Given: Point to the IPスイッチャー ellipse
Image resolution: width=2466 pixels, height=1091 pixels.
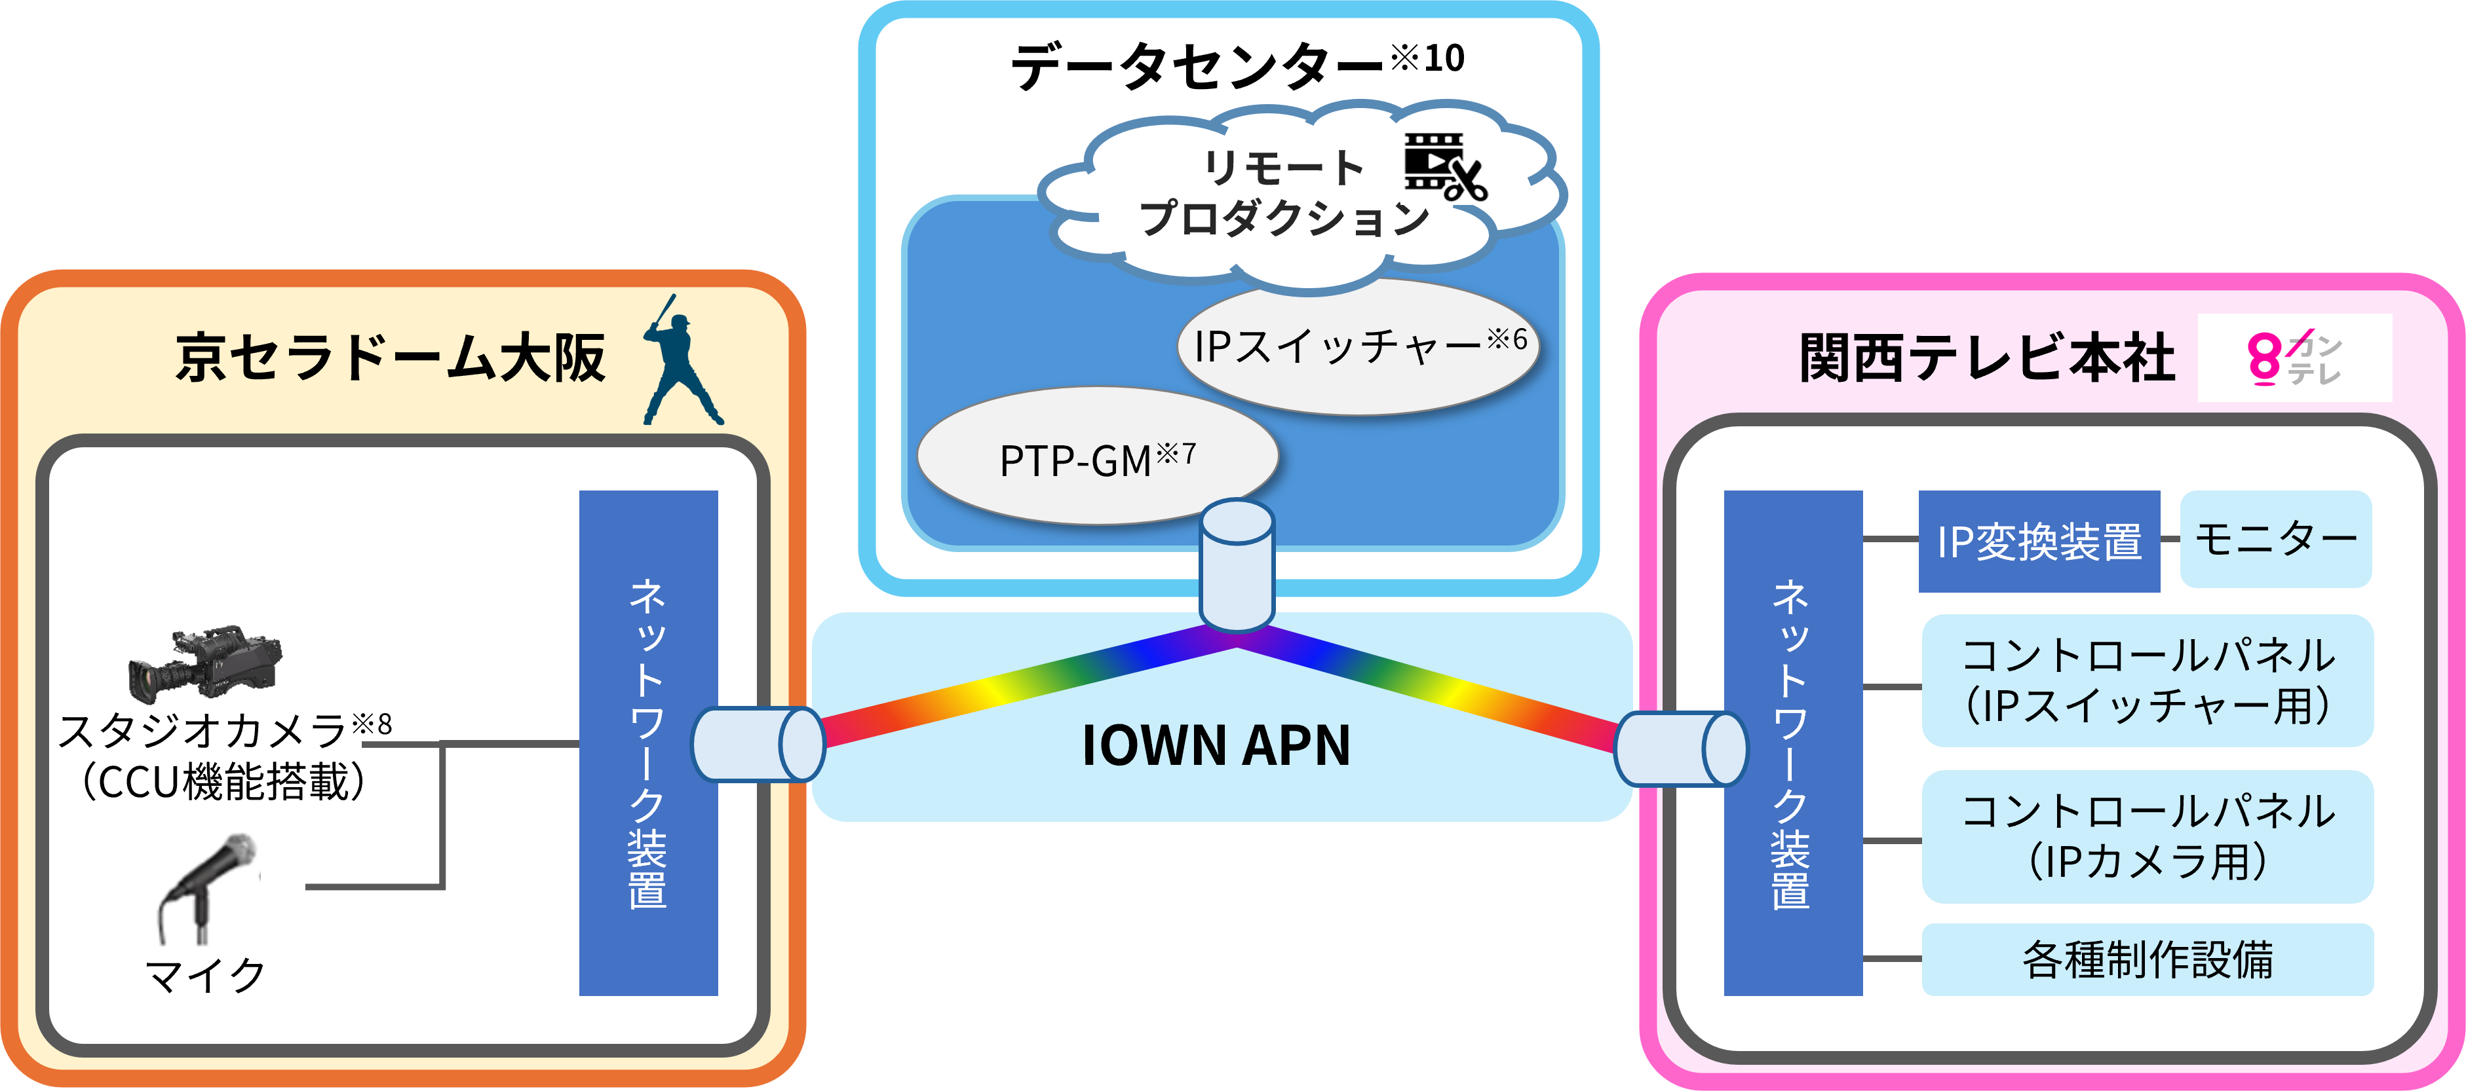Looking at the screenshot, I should click(1359, 346).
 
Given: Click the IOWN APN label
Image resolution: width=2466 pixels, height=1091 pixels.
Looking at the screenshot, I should click(1216, 747).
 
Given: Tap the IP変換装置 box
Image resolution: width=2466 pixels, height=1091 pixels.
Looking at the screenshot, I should click(2039, 542).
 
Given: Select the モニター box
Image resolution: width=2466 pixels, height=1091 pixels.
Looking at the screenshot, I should click(2275, 539).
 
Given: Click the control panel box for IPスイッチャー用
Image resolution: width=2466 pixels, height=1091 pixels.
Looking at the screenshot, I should click(2148, 680).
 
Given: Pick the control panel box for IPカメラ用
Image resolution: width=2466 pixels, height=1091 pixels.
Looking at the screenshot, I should click(2148, 836).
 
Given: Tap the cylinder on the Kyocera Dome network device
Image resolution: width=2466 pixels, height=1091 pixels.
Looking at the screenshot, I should click(757, 745).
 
